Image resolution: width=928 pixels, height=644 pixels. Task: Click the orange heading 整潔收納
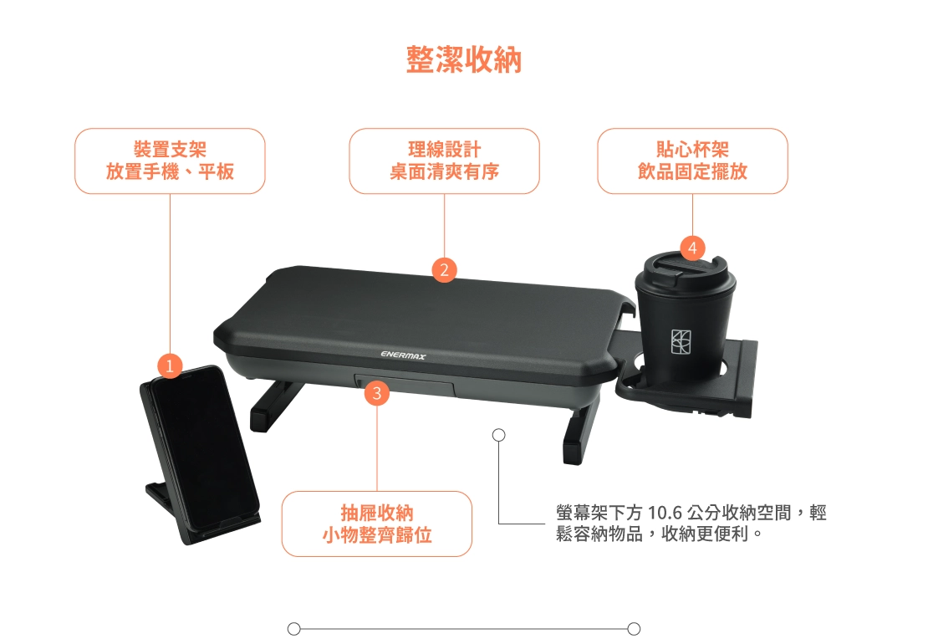tap(464, 59)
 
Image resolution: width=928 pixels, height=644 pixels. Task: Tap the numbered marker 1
tap(170, 365)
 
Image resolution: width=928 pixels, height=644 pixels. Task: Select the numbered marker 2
tap(445, 270)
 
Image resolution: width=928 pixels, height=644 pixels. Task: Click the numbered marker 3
tap(377, 393)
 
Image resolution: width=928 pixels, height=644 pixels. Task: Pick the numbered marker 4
tap(692, 248)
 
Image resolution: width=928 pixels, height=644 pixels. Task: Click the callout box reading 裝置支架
tap(170, 161)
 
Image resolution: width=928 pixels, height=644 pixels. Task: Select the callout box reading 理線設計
tap(445, 161)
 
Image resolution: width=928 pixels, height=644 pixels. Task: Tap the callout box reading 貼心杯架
tap(692, 161)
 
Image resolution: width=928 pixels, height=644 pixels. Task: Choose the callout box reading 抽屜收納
tap(377, 524)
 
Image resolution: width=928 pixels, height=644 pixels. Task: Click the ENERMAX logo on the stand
tap(403, 355)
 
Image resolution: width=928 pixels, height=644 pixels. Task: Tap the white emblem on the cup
tap(681, 341)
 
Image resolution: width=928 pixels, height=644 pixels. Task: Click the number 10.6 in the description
tap(665, 513)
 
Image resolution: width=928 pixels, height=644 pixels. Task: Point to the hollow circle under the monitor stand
tap(499, 435)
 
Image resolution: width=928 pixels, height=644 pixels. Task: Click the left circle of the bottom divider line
tap(293, 629)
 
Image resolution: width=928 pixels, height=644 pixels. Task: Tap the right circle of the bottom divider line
tap(634, 629)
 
